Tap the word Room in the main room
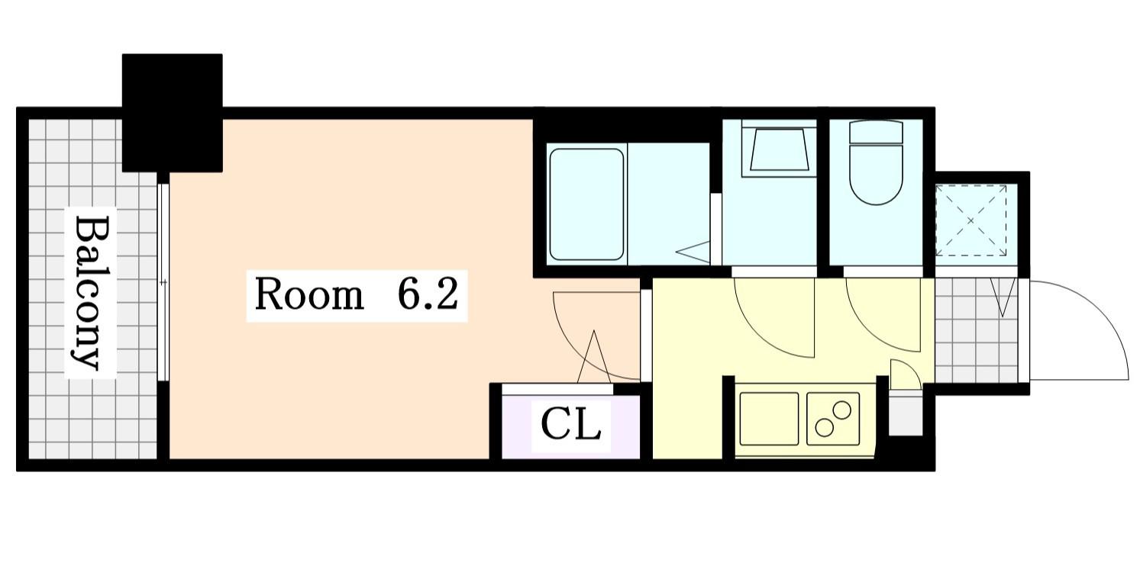click(308, 295)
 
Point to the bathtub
click(586, 204)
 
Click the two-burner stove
click(833, 418)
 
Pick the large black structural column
click(173, 112)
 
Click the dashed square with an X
click(971, 220)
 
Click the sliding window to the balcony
click(163, 282)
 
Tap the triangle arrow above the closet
click(593, 358)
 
